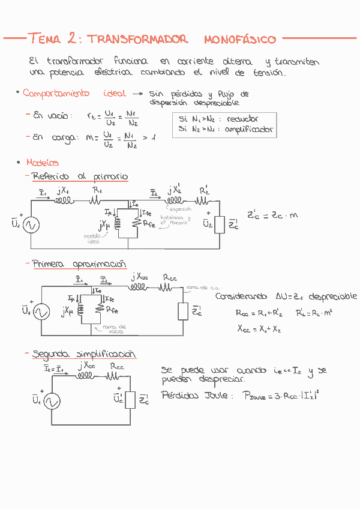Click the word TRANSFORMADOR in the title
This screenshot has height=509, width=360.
(137, 40)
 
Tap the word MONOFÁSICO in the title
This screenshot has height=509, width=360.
(240, 40)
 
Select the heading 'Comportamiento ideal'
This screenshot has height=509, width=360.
(74, 94)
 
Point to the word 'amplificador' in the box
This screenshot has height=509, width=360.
(249, 129)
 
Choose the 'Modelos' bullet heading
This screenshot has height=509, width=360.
(42, 163)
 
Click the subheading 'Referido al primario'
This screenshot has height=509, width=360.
(80, 176)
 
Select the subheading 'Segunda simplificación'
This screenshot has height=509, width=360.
(84, 354)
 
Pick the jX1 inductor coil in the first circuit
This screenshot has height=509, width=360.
(62, 202)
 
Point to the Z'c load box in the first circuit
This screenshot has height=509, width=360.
(220, 224)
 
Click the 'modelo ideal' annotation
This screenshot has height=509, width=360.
(93, 239)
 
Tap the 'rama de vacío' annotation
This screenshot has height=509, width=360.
(114, 330)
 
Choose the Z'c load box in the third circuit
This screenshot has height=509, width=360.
(130, 399)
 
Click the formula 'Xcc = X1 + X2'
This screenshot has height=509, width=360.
(259, 329)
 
